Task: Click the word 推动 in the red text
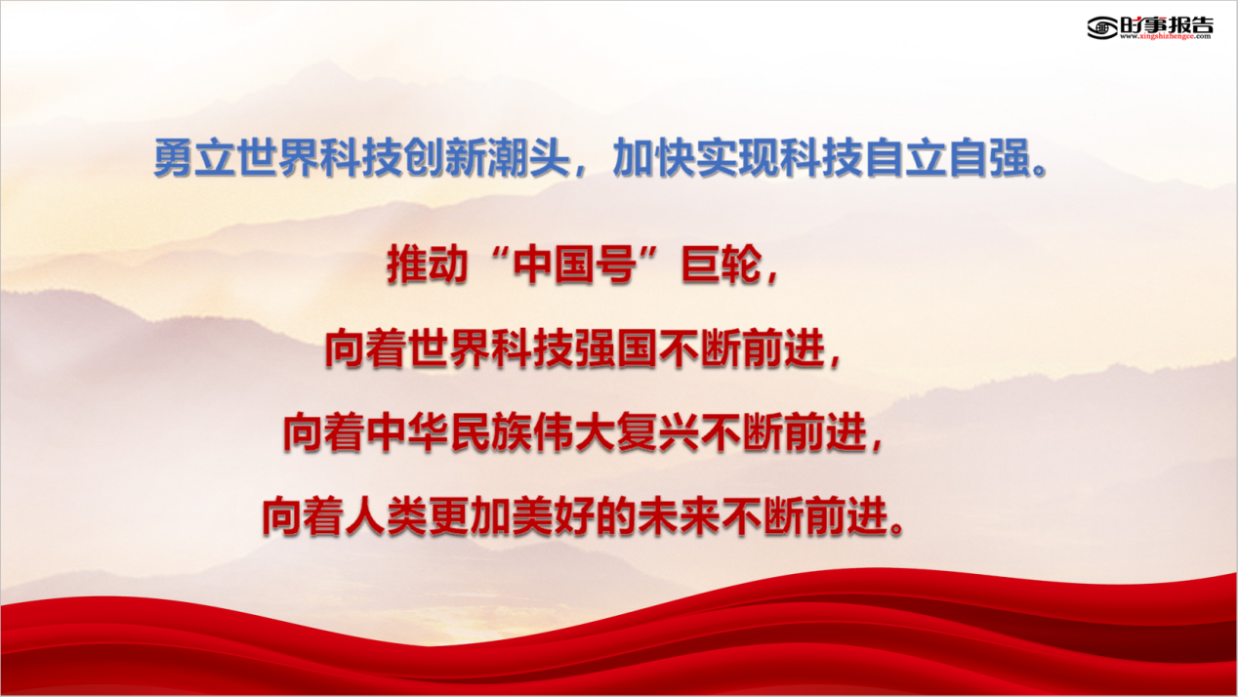(428, 266)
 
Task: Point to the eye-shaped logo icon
(1102, 27)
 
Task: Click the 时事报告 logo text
(1167, 24)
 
